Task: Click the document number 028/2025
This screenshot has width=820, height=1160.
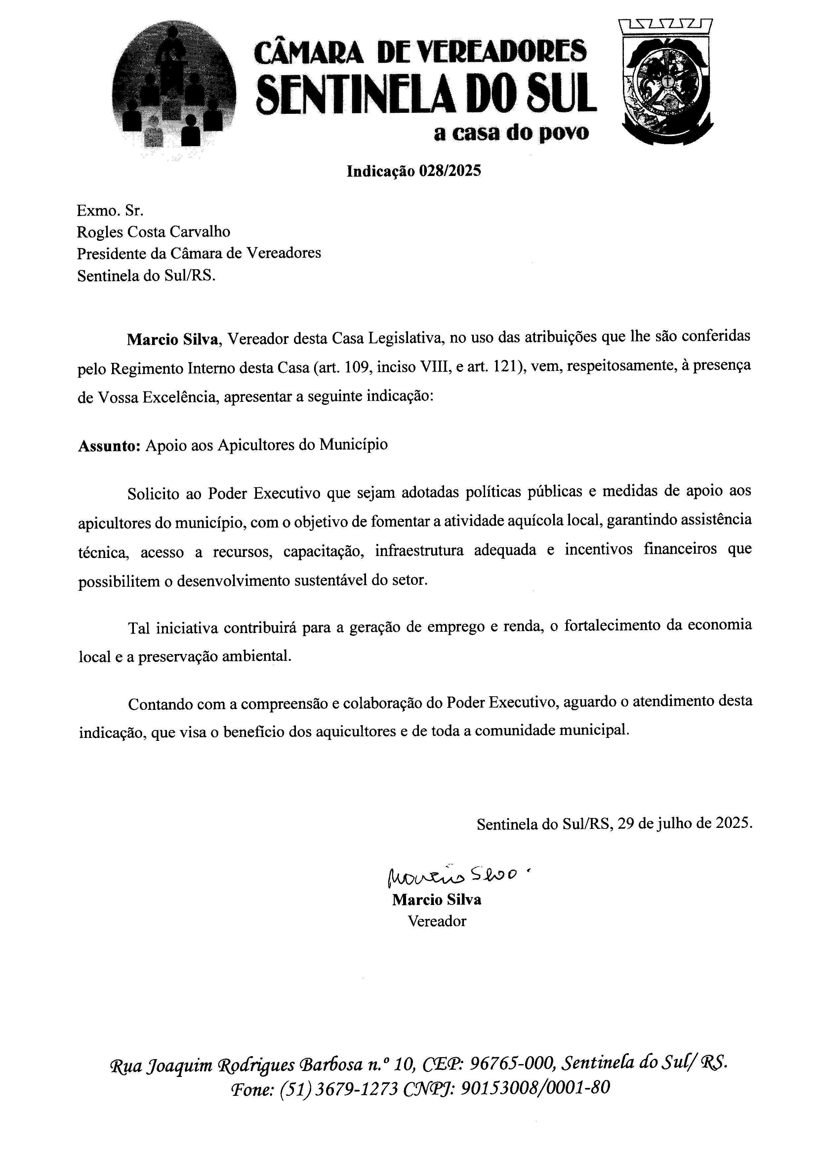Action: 449,171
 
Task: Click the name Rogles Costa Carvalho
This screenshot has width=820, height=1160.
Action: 153,232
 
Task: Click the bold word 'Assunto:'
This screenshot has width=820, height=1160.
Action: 108,445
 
